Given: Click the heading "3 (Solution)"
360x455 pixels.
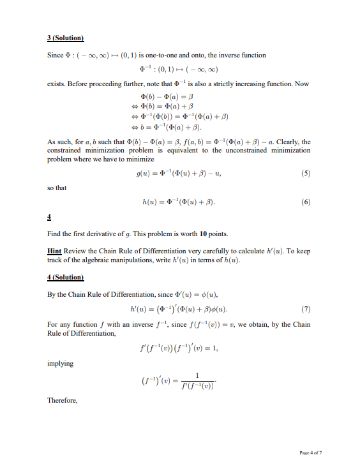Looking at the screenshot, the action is (x=66, y=39).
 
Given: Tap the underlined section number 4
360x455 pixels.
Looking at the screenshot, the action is (x=50, y=216).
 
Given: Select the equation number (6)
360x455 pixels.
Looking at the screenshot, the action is (x=305, y=202).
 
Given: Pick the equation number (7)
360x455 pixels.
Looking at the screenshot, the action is (x=305, y=310).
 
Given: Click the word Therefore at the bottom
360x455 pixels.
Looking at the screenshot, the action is (x=63, y=400).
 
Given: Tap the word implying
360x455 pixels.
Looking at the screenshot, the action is (x=61, y=363).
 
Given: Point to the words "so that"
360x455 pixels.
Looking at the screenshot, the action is (x=57, y=188).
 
